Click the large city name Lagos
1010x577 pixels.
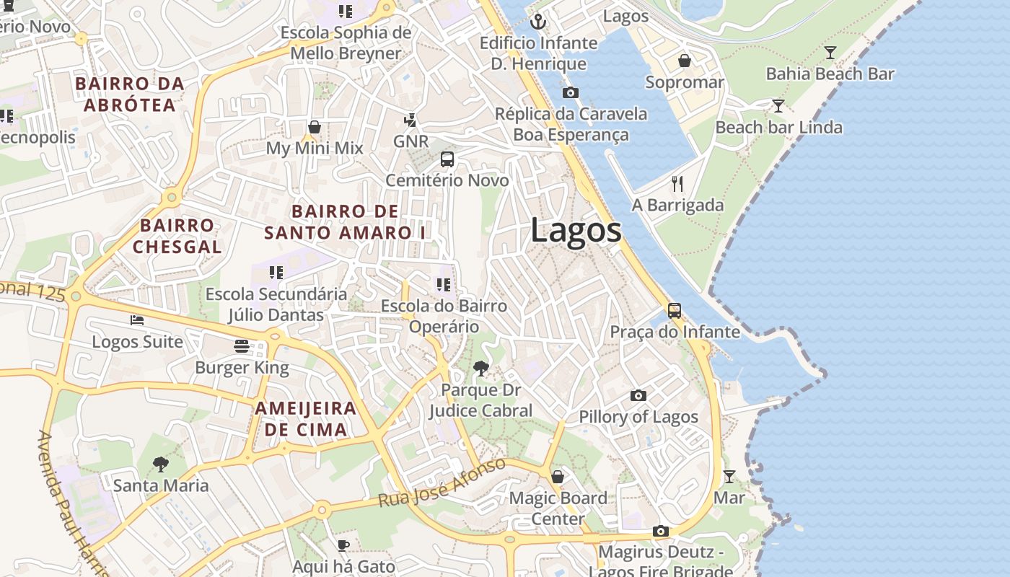point(576,231)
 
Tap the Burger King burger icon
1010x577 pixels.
point(242,346)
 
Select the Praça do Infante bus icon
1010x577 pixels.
point(675,311)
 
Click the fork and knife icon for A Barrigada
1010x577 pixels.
point(677,184)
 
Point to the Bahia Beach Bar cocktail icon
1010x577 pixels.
point(830,53)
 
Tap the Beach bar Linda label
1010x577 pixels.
point(778,128)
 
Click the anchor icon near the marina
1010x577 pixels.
point(537,22)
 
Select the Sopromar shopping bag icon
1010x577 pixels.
point(685,61)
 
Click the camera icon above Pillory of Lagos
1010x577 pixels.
point(638,395)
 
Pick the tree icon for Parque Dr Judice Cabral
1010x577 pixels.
point(480,369)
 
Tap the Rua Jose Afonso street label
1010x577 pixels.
point(442,482)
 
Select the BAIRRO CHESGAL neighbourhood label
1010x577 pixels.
point(177,236)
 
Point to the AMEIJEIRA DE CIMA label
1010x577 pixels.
point(306,419)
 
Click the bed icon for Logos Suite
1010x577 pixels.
point(137,320)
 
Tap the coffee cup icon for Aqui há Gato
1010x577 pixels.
point(343,545)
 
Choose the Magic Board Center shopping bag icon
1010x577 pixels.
point(558,477)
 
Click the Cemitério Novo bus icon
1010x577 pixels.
point(447,159)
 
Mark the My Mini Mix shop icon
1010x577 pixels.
point(315,128)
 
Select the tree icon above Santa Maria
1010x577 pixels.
point(161,464)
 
